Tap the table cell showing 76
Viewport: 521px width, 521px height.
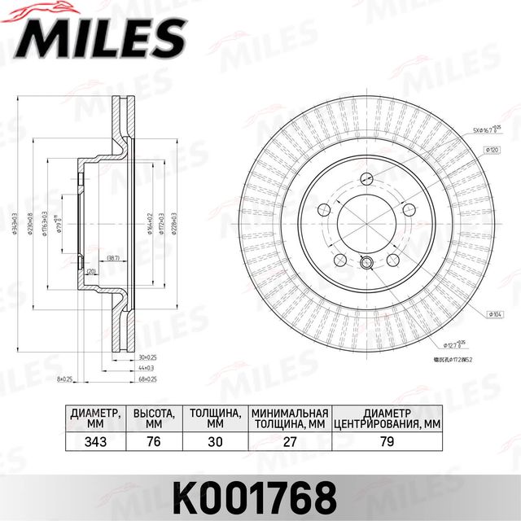click(154, 444)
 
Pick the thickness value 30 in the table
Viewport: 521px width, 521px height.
click(215, 444)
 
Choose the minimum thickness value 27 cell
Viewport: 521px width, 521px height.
click(289, 444)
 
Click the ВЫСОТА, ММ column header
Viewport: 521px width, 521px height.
click(154, 418)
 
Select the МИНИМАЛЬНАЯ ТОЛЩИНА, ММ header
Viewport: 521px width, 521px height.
click(289, 418)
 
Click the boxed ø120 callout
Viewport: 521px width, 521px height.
click(492, 150)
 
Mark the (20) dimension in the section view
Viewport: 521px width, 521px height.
click(91, 271)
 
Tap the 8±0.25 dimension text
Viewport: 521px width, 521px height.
click(66, 379)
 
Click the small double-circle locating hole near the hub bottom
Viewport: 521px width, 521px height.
click(366, 262)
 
